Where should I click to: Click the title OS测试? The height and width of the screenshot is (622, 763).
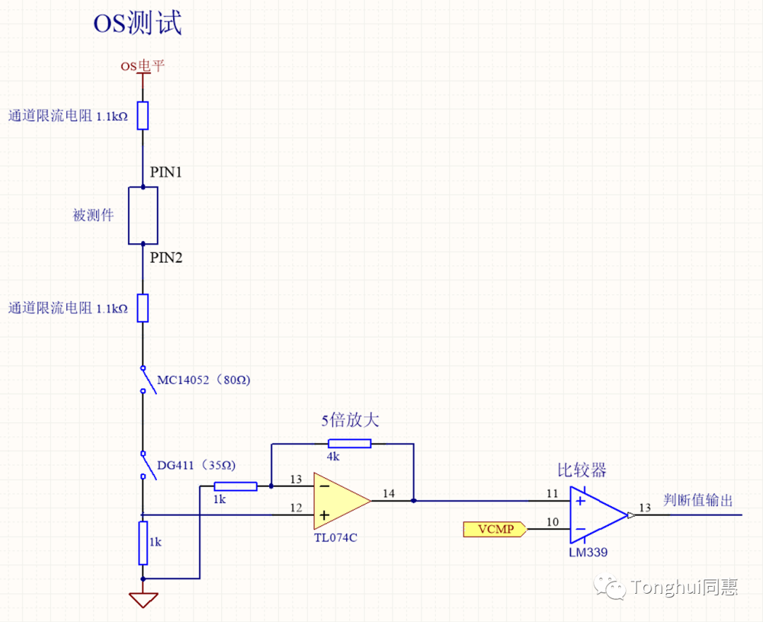[137, 23]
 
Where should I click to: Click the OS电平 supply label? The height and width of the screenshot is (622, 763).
[143, 65]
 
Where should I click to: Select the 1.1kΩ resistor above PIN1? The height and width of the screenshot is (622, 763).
[143, 116]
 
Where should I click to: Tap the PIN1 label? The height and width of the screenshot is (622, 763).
[166, 172]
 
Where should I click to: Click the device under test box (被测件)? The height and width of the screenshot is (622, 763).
[143, 216]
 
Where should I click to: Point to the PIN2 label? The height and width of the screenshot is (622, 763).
[166, 257]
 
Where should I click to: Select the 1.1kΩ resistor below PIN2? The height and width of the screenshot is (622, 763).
[143, 308]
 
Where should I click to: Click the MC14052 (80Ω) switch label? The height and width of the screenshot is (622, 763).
[203, 380]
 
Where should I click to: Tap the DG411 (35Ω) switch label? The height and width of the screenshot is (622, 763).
[196, 465]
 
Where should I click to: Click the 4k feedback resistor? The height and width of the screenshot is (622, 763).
[350, 443]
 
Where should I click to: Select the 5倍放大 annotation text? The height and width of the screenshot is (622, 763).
[350, 420]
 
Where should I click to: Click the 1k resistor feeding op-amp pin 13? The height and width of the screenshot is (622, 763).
[235, 486]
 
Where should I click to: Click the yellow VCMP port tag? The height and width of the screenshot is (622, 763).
[495, 529]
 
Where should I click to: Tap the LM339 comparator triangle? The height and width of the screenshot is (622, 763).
[598, 515]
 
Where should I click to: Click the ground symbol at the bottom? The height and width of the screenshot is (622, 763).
[143, 600]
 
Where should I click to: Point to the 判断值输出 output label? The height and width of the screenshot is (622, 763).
[698, 500]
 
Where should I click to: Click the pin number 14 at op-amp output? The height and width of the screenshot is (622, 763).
[389, 493]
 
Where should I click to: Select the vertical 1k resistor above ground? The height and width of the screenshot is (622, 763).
[143, 543]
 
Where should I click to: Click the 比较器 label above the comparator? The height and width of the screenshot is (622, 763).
[582, 470]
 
